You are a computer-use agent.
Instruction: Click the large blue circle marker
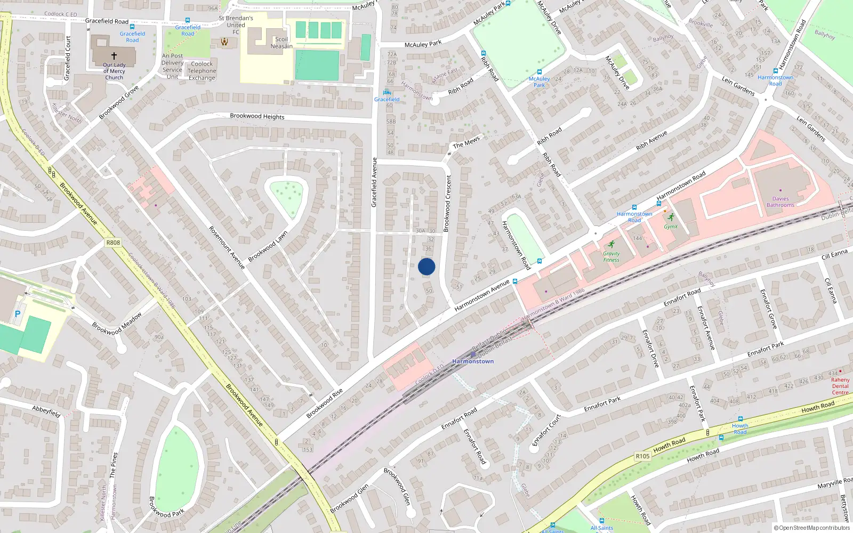(426, 266)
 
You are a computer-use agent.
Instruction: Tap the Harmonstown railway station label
(473, 361)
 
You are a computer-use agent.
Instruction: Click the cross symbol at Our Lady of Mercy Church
(114, 55)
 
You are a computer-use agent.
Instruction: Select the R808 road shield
(113, 243)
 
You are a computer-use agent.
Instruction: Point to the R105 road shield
(642, 456)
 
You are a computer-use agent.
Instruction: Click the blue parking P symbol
(17, 314)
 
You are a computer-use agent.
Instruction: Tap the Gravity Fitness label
(611, 257)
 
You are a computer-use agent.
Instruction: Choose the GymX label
(671, 227)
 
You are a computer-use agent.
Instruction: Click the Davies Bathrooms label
(780, 202)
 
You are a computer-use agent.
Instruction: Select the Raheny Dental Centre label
(840, 386)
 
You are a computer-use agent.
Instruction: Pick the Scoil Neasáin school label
(281, 43)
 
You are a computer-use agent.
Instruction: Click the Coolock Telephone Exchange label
(202, 71)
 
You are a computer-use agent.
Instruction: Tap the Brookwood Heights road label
(257, 116)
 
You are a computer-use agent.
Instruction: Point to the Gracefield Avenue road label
(374, 182)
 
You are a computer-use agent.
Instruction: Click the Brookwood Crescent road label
(448, 203)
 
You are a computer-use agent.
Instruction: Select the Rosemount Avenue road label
(227, 247)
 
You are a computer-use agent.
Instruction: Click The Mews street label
(466, 142)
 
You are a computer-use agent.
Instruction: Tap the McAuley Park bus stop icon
(539, 72)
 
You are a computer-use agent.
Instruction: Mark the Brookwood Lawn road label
(268, 246)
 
